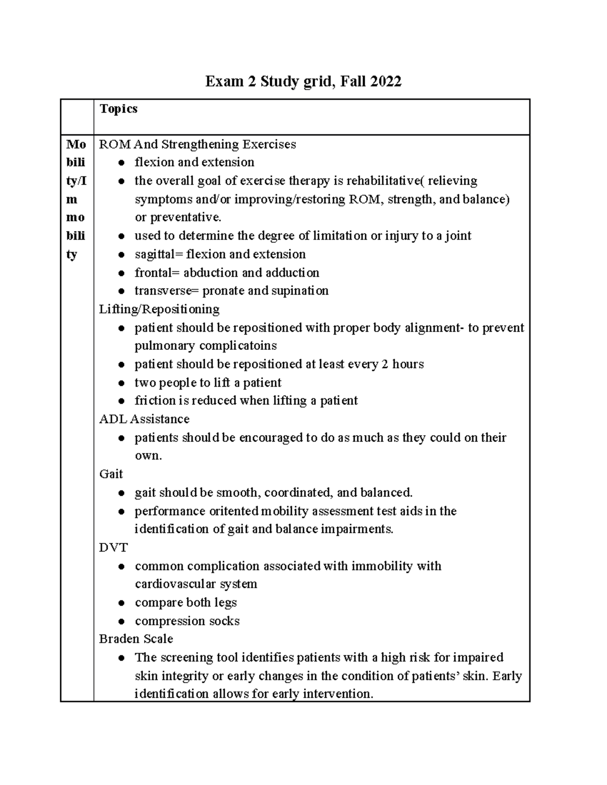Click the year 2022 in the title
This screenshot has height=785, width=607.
coord(386,81)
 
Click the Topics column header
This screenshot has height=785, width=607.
coord(118,109)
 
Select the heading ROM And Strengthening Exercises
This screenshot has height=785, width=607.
coord(197,145)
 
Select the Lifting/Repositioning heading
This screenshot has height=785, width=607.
coord(159,309)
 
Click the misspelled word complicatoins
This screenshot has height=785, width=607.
coord(238,346)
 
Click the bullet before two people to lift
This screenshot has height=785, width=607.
coord(121,383)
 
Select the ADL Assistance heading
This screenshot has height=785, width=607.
coord(144,419)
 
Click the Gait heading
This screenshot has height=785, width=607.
coord(111,474)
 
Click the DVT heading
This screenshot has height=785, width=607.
coord(113,548)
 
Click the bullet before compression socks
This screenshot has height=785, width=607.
coord(121,621)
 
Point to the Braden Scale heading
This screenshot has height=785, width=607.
coord(136,639)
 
